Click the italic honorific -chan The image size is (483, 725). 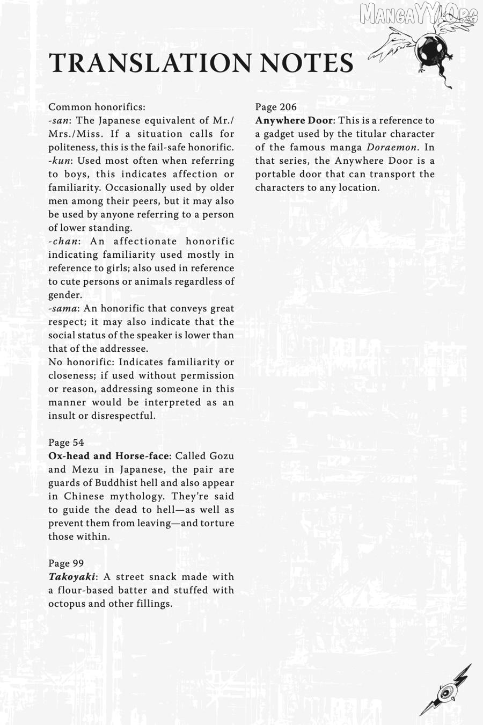(x=63, y=241)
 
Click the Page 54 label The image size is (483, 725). (x=66, y=443)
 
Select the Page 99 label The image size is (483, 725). (x=66, y=563)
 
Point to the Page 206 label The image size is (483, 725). (x=276, y=107)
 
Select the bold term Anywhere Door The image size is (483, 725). (x=294, y=120)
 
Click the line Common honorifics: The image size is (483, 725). (x=97, y=107)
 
